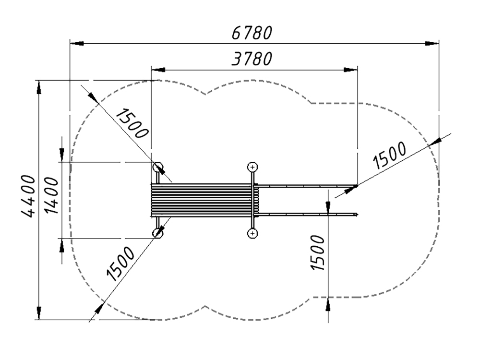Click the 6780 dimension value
click(252, 33)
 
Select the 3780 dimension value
click(252, 59)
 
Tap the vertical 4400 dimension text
click(28, 196)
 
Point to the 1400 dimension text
click(51, 195)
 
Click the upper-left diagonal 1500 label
click(132, 123)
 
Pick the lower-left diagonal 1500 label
click(120, 264)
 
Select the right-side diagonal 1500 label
click(389, 156)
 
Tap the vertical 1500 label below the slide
click(317, 252)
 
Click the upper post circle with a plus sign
click(252, 167)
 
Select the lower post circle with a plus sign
click(252, 234)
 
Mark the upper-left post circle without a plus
click(157, 167)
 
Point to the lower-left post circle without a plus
click(157, 233)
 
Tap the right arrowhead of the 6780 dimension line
click(432, 44)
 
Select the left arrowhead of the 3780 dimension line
click(158, 70)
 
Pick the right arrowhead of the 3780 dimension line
click(350, 70)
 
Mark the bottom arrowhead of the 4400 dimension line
click(39, 313)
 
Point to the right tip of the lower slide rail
click(357, 214)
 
